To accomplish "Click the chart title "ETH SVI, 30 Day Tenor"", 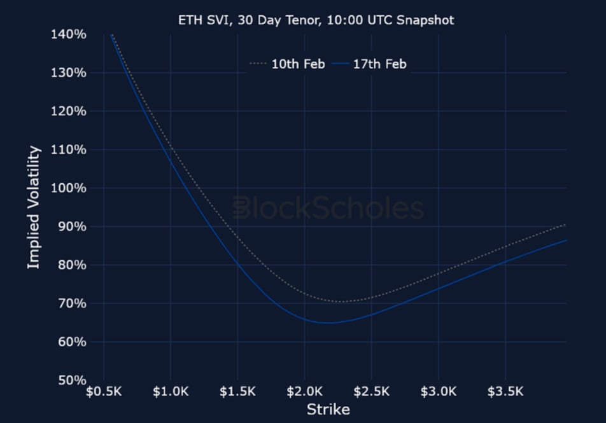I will (x=316, y=20).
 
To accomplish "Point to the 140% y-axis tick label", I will (x=68, y=34).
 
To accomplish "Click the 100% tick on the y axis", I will (x=68, y=188).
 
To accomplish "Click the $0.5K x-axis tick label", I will (x=104, y=391).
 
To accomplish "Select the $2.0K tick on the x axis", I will (x=304, y=391).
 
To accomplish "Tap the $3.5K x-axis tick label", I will (x=505, y=391).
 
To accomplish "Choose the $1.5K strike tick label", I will (x=237, y=391).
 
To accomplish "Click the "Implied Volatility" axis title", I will (x=34, y=207).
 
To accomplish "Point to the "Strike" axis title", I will (x=328, y=409).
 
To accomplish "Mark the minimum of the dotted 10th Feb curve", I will (x=341, y=302).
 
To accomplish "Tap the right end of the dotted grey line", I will (x=565, y=225).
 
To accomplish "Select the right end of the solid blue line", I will (x=565, y=240).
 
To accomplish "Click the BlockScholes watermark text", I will (x=327, y=208).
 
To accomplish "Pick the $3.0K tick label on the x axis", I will (x=438, y=391).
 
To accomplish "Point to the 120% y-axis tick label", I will (x=68, y=111).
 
